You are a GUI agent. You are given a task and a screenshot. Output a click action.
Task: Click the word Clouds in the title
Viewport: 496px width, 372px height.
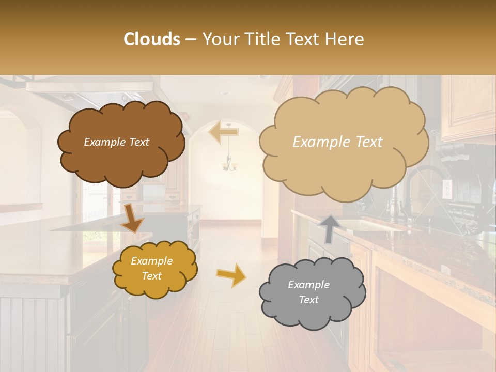[x=152, y=39]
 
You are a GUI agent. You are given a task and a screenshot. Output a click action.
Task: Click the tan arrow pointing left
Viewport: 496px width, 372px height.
[x=224, y=132]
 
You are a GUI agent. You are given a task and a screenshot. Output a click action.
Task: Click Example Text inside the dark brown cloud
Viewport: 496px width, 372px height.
[x=116, y=142]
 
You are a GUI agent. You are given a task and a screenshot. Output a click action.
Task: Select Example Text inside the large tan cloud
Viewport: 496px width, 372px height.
[x=337, y=142]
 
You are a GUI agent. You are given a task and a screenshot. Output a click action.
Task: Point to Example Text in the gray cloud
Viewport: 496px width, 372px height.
[x=308, y=292]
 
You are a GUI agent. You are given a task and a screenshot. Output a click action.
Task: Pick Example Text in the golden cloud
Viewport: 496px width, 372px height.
[x=151, y=268]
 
